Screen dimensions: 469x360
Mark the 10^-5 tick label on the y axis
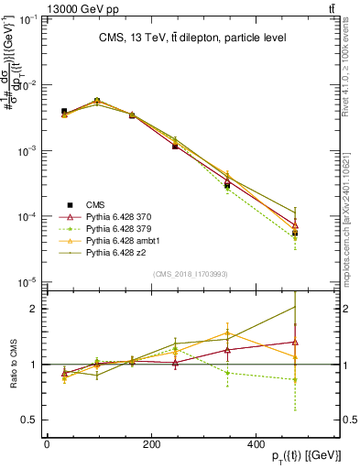[x=26, y=282]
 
